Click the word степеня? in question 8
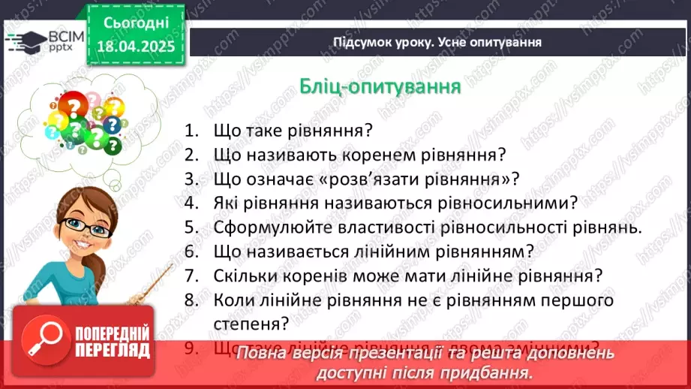tap(251, 324)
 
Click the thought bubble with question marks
tap(78, 120)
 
